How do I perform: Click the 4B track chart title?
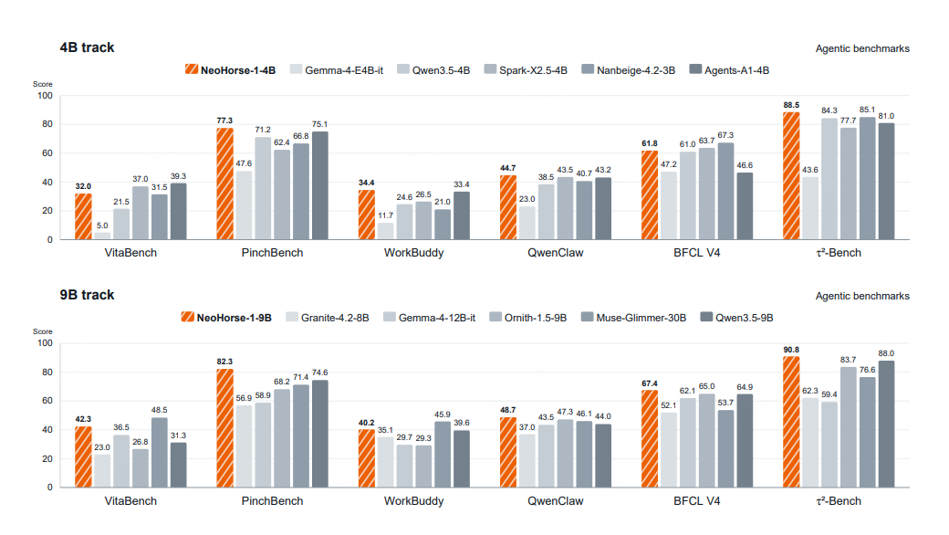tap(87, 47)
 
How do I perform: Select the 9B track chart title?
tap(87, 295)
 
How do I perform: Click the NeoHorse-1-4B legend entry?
tap(230, 70)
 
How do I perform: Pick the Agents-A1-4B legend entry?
tap(729, 70)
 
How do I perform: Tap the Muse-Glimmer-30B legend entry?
tap(633, 318)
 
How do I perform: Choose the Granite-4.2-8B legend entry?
tap(327, 318)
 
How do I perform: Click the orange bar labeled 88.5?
tap(791, 175)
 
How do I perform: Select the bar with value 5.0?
tap(102, 236)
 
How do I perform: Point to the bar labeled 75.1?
tap(319, 186)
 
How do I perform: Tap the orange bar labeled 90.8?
tap(791, 422)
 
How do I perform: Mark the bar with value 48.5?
tap(159, 453)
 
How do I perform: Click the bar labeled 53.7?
tap(725, 449)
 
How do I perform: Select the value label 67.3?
tap(725, 135)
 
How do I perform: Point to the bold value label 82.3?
tap(224, 362)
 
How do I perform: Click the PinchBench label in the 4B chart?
tap(272, 253)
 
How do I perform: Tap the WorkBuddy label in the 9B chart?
tap(414, 501)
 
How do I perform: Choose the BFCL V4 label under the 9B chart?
tap(696, 501)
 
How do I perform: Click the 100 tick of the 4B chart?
tap(45, 96)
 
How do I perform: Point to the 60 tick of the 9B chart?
tap(47, 401)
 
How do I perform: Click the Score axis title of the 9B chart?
tap(42, 331)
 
